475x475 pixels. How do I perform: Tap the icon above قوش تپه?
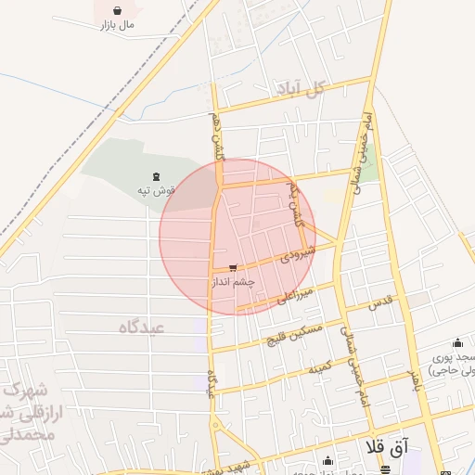156,176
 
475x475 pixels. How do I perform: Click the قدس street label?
381,303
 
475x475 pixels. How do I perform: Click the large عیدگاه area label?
141,327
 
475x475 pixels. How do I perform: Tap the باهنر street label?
415,379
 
